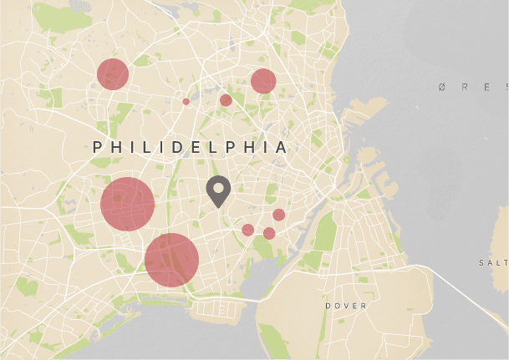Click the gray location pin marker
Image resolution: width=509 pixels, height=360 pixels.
click(x=218, y=191)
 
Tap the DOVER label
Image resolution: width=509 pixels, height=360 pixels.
click(x=346, y=307)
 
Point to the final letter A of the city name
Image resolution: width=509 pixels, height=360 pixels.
click(x=282, y=147)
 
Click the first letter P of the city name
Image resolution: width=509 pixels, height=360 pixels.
click(x=98, y=147)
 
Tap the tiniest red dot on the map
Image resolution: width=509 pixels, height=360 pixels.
click(x=186, y=102)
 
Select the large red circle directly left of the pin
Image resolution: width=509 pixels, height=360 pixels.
click(x=128, y=204)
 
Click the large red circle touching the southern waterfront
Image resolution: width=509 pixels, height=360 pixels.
click(x=171, y=260)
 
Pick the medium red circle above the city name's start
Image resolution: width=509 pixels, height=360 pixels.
click(x=112, y=74)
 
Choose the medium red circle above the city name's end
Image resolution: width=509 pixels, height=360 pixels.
click(x=263, y=81)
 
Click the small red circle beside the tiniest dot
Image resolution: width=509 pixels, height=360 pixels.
click(x=226, y=100)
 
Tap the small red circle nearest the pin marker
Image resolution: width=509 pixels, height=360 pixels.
click(x=248, y=230)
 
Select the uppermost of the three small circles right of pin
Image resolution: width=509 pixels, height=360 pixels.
click(x=279, y=215)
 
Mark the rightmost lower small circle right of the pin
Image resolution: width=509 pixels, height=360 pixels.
click(x=269, y=233)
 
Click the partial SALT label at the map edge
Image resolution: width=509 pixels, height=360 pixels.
click(x=493, y=262)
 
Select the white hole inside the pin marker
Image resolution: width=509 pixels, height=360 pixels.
click(x=218, y=186)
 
